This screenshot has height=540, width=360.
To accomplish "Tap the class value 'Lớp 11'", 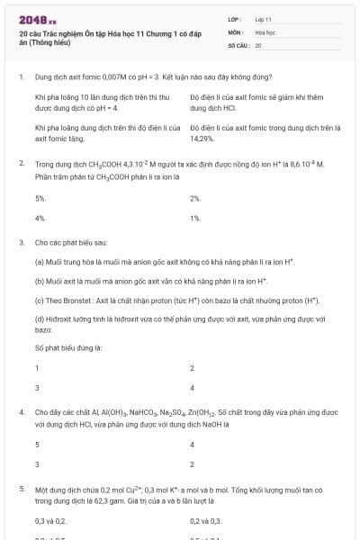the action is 264,19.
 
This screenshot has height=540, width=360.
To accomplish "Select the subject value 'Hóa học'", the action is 265,31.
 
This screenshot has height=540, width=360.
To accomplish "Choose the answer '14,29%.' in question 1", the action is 202,139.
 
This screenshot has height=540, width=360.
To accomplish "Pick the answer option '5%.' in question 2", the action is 40,197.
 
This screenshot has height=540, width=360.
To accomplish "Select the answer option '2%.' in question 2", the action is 195,197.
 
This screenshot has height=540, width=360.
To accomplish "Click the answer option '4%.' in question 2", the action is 40,218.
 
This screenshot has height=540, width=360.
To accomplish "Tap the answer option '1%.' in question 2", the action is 195,218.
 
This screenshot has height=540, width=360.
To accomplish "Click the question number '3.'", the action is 22,243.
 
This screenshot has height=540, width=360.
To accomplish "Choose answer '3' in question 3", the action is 37,388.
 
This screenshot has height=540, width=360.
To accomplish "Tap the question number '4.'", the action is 22,413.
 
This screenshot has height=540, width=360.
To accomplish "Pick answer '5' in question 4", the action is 37,444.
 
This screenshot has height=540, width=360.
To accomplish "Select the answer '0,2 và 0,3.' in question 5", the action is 206,520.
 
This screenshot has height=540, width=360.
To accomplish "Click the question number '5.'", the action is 22,489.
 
